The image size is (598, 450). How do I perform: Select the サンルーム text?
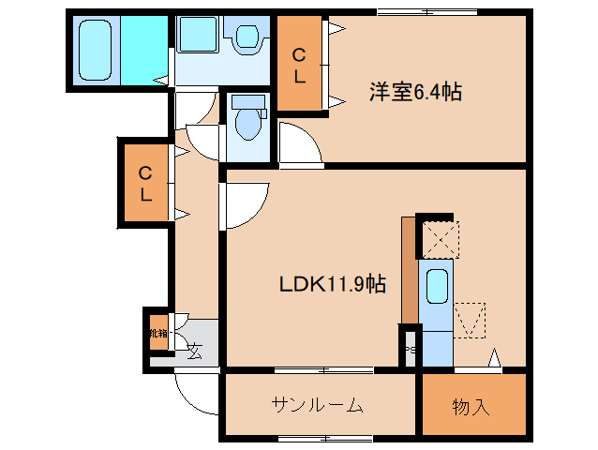coord(318,406)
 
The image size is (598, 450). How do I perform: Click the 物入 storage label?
coord(471,407)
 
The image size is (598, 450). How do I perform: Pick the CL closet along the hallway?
coord(146,184)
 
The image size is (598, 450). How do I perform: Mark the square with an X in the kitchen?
coord(439,237)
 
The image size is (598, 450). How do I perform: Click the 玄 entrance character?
coord(193,352)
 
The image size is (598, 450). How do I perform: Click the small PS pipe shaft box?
coord(409,350)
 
